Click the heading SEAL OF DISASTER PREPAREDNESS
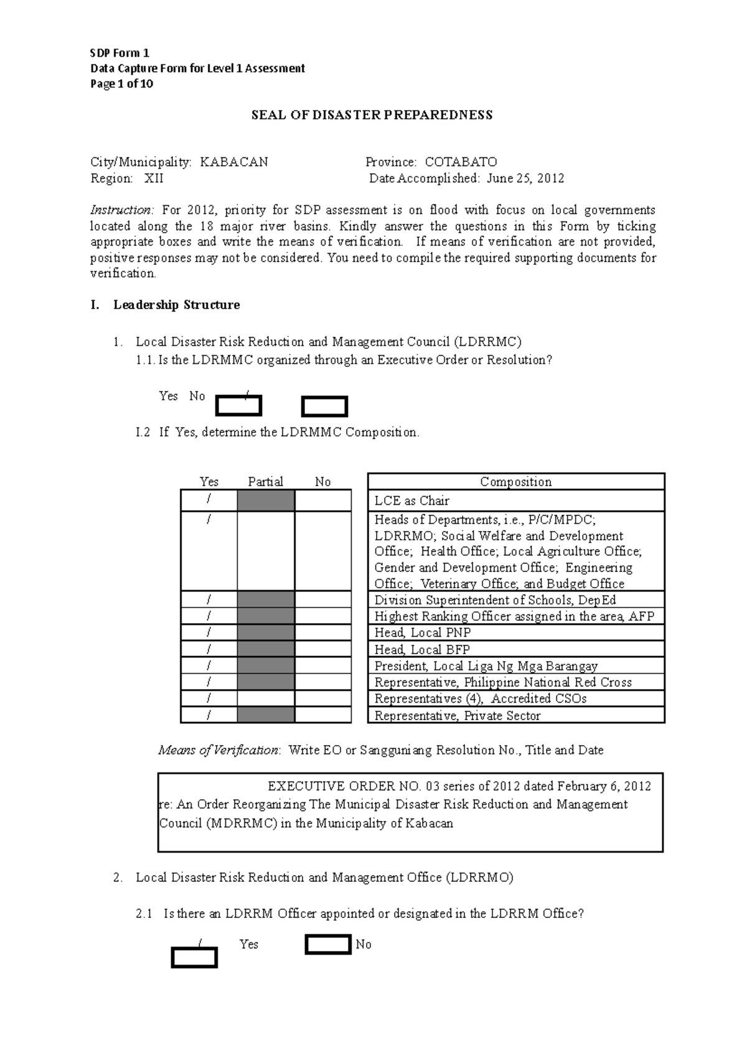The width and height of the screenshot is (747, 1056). point(372,115)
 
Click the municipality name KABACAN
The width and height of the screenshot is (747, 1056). point(234,162)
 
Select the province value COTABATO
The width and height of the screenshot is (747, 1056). point(461,162)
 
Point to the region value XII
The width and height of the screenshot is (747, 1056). point(154,178)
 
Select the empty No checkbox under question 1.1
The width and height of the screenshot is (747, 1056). point(324,407)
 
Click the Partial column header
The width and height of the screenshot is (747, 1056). point(265,481)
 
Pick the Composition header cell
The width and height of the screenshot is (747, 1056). point(515,481)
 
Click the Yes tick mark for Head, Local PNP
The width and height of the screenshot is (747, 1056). point(209,632)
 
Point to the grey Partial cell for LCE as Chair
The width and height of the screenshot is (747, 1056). point(266,501)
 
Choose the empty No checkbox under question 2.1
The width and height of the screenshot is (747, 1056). point(328,945)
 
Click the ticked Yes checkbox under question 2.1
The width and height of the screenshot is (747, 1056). point(194,958)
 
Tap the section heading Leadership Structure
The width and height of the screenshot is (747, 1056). point(176,305)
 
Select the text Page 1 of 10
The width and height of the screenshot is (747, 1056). point(122,84)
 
